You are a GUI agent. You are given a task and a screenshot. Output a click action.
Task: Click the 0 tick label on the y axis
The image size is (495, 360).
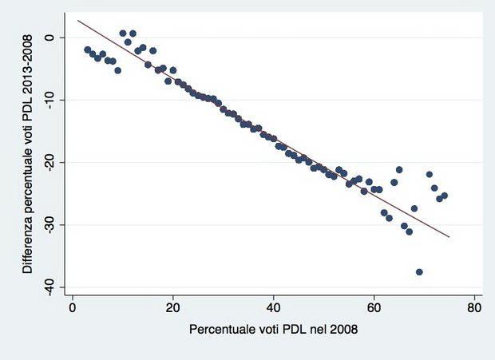click(x=49, y=38)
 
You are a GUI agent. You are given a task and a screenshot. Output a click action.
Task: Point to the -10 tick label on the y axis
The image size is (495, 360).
click(x=49, y=99)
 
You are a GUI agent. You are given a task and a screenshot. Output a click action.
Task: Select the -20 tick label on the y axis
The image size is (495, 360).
click(x=49, y=162)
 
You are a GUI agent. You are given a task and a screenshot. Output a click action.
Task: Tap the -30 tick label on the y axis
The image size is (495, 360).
click(x=49, y=224)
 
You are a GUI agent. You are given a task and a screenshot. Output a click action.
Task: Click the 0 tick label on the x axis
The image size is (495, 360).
click(x=73, y=306)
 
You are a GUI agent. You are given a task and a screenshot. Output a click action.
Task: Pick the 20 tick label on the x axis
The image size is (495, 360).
click(x=173, y=306)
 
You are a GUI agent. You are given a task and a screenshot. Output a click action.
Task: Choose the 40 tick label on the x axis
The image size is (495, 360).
click(x=274, y=306)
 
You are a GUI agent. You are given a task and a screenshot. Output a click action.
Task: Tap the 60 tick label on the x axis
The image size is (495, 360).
click(x=374, y=306)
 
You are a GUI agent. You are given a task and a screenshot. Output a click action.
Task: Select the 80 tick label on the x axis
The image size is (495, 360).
click(x=474, y=306)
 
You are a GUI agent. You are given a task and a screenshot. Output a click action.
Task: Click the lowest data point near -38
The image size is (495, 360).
click(x=419, y=272)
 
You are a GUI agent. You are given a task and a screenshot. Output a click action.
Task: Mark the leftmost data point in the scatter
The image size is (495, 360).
click(x=87, y=49)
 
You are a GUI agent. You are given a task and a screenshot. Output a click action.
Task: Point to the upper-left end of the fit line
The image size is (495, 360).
click(x=77, y=20)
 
